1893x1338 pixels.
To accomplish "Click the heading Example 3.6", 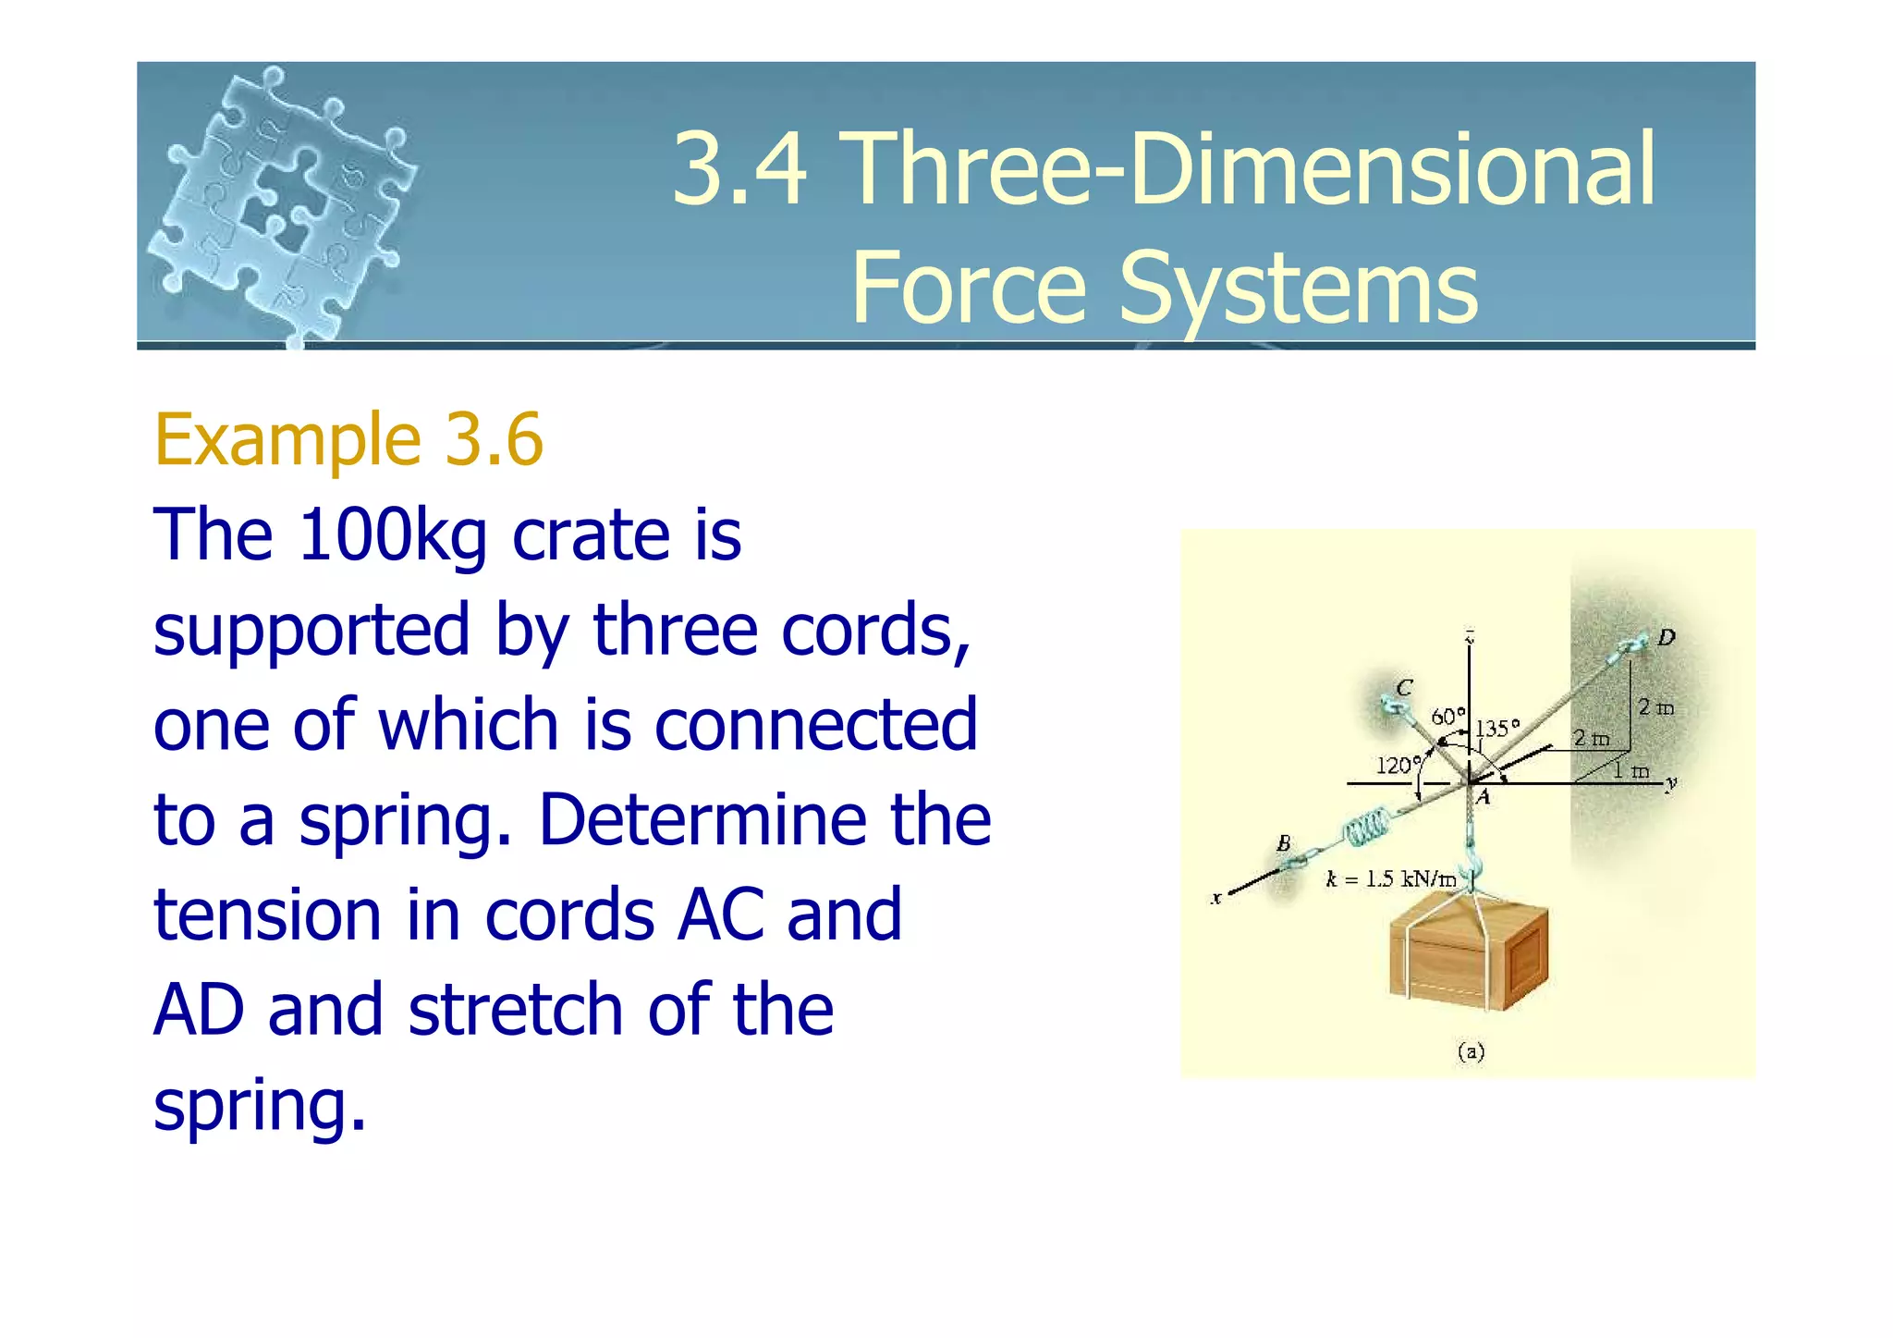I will coord(348,440).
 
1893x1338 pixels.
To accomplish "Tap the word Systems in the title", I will coord(1298,288).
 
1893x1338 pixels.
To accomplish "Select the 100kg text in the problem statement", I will coord(392,535).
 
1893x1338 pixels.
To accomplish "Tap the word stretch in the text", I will coord(516,1010).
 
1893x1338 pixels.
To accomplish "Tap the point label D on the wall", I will coord(1666,637).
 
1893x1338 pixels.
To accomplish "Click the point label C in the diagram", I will coord(1404,687).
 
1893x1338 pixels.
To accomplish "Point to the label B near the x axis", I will coord(1283,843).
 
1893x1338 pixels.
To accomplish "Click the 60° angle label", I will coord(1447,717).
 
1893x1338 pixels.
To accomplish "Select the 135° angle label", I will coord(1496,729).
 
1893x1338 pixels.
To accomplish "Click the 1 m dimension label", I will coord(1631,771).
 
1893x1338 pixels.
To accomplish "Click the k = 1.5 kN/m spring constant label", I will coord(1390,879).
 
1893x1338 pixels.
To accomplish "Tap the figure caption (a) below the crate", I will coord(1470,1051).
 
